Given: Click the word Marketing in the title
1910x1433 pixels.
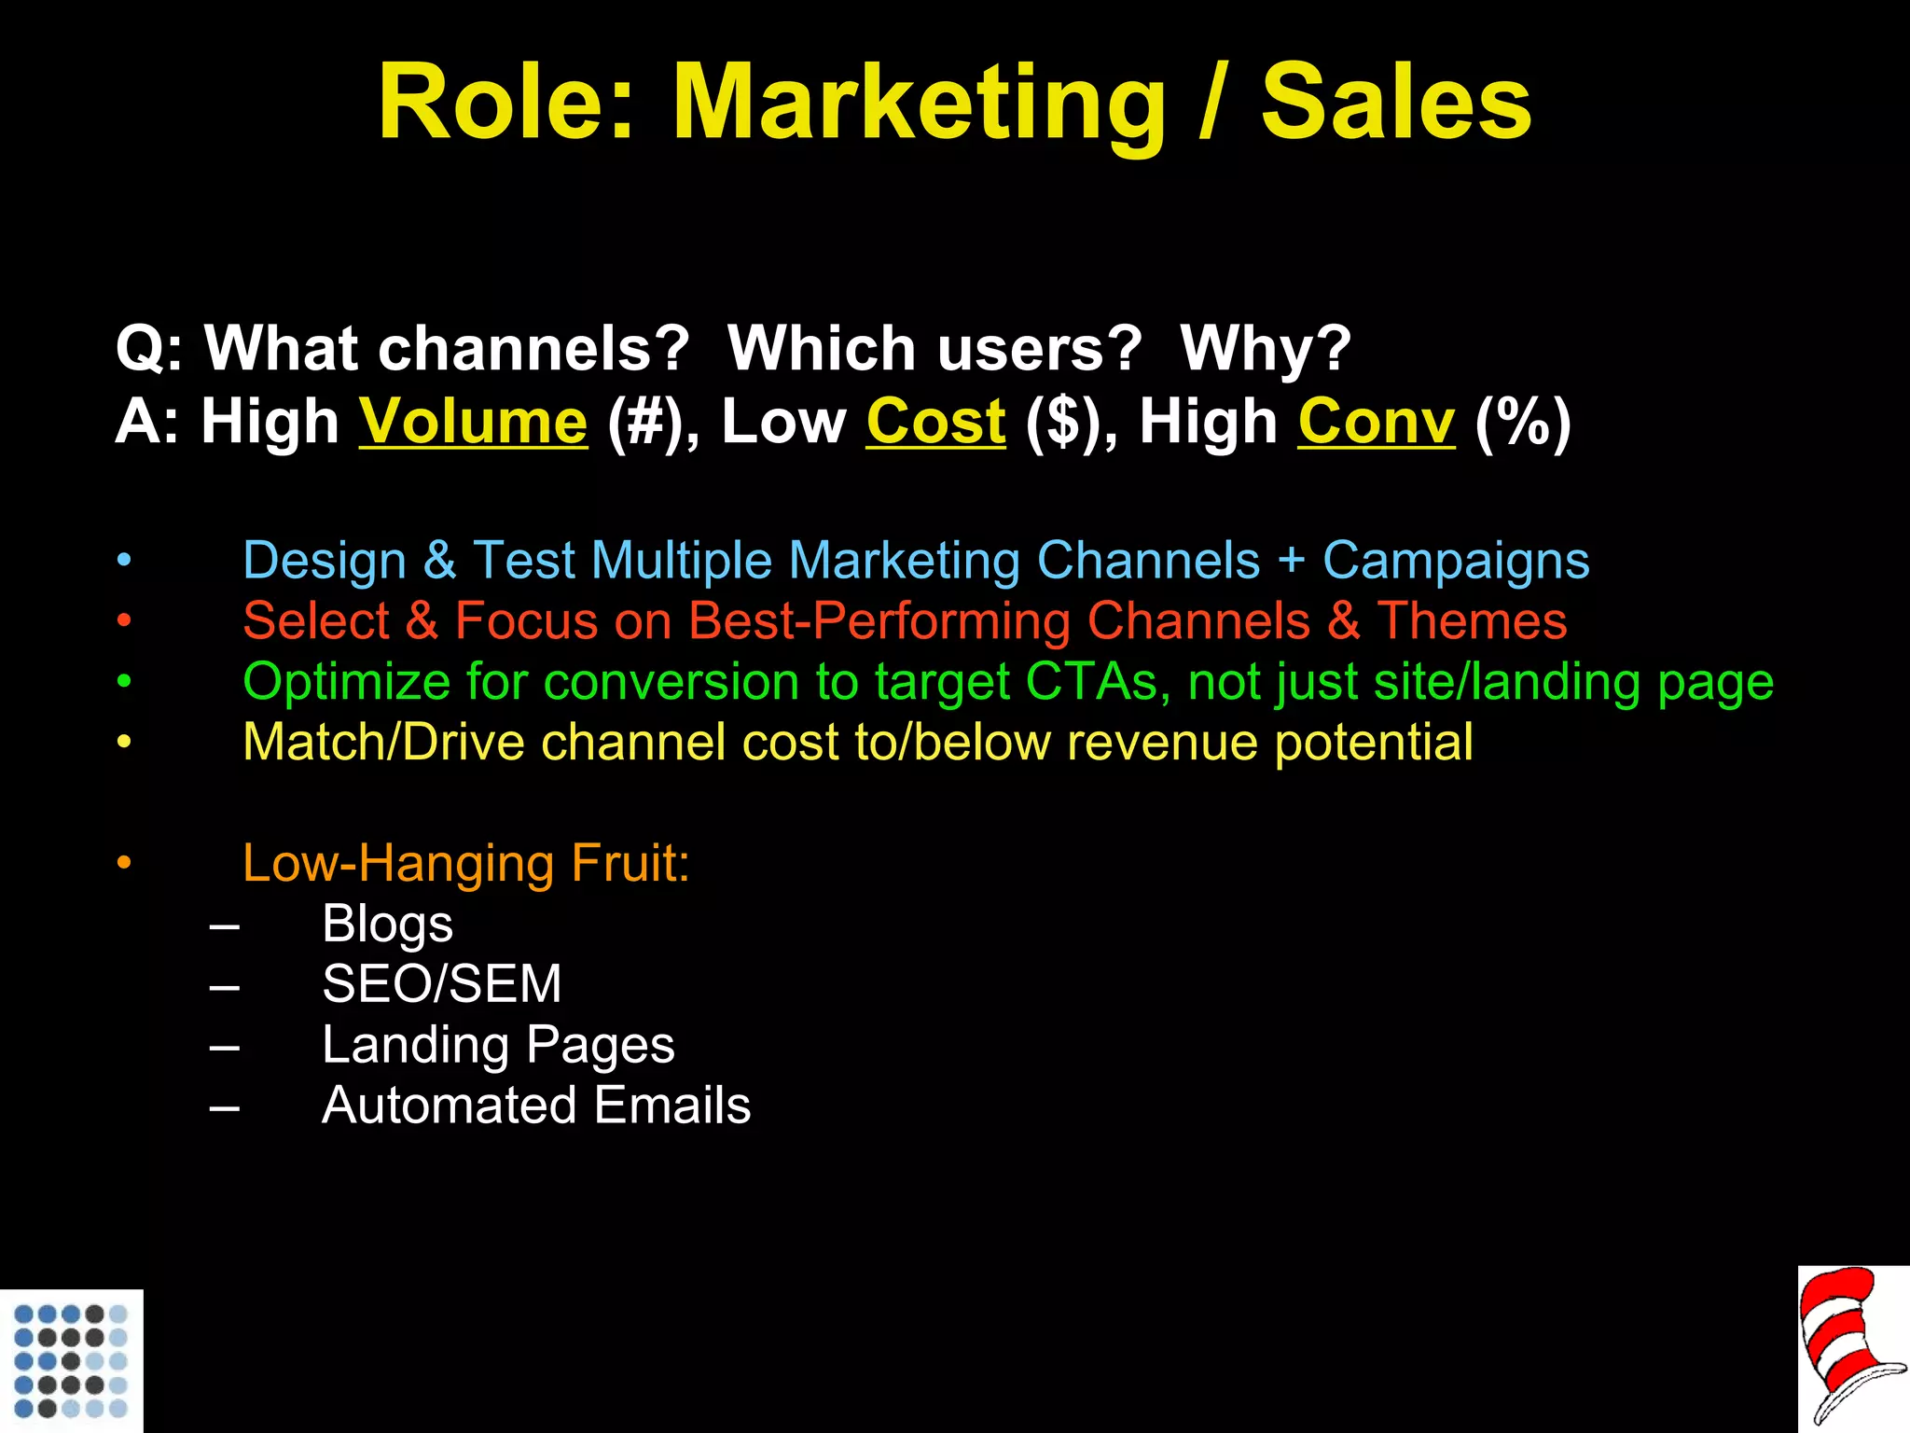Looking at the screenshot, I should (919, 103).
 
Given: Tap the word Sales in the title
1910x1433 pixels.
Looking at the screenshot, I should (1396, 103).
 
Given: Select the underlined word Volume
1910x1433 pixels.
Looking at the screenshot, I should (474, 422).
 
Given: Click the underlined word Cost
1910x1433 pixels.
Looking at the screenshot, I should (936, 422).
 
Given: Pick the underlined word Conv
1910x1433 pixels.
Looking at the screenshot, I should (1376, 422).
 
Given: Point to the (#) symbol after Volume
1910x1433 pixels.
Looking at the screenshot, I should (650, 422).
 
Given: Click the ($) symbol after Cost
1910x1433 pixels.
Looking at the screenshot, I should (1069, 422).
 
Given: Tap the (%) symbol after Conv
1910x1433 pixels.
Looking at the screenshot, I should (1523, 422).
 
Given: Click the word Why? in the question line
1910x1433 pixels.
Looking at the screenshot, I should (1266, 349).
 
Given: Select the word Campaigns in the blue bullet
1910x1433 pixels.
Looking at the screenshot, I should (1456, 561).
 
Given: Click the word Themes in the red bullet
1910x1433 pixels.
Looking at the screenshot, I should (1472, 621).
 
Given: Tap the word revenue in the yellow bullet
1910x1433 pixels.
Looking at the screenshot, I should (1162, 743).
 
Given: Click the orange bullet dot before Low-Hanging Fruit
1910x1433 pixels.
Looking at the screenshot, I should (125, 863).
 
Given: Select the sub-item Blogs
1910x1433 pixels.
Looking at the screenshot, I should (387, 924).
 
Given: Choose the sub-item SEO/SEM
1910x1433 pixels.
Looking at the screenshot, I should (441, 984).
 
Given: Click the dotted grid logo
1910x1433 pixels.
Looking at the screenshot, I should (72, 1361).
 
